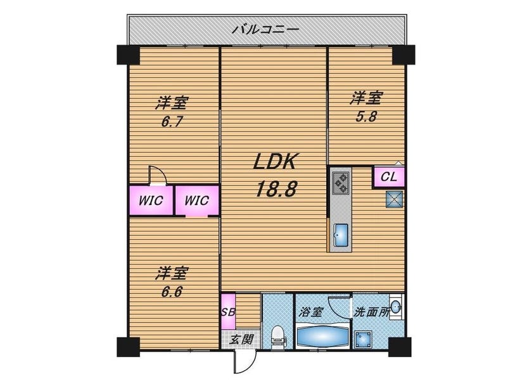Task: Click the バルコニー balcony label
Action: click(265, 30)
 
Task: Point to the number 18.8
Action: click(276, 189)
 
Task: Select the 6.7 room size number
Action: click(172, 121)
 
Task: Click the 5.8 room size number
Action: click(366, 116)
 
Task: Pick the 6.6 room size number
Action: click(172, 292)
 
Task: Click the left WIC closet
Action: click(151, 201)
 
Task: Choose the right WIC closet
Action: click(197, 201)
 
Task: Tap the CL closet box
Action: click(389, 177)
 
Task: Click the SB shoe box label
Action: click(228, 311)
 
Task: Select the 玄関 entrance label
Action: click(241, 339)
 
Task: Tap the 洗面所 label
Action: click(371, 312)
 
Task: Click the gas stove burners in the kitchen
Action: click(340, 183)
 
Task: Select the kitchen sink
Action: click(341, 235)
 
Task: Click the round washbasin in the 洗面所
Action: click(396, 307)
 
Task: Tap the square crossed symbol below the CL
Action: click(394, 199)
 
